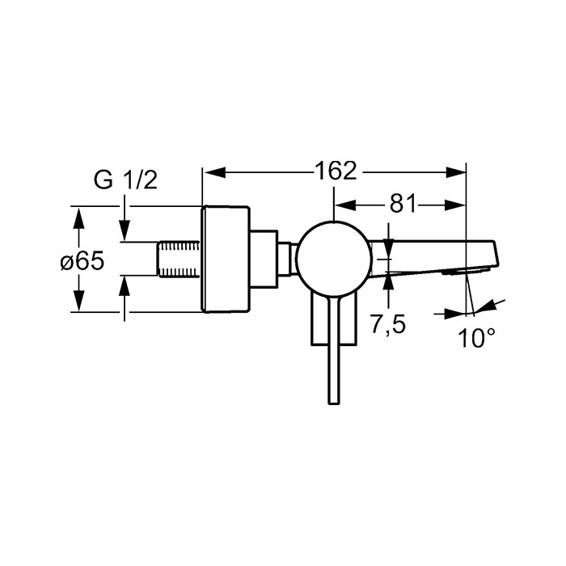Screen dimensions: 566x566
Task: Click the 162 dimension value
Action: pos(336,171)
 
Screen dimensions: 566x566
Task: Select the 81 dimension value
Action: pos(403,205)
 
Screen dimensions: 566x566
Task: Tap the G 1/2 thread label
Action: pos(125,180)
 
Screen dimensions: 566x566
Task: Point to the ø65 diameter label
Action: pos(82,260)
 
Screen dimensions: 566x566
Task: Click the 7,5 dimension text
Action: pos(387,324)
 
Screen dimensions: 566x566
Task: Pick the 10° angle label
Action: pos(476,338)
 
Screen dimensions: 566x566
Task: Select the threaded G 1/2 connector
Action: pos(179,259)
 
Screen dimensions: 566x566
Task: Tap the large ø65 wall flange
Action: pos(226,259)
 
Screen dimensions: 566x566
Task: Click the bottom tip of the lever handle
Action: pos(333,403)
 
